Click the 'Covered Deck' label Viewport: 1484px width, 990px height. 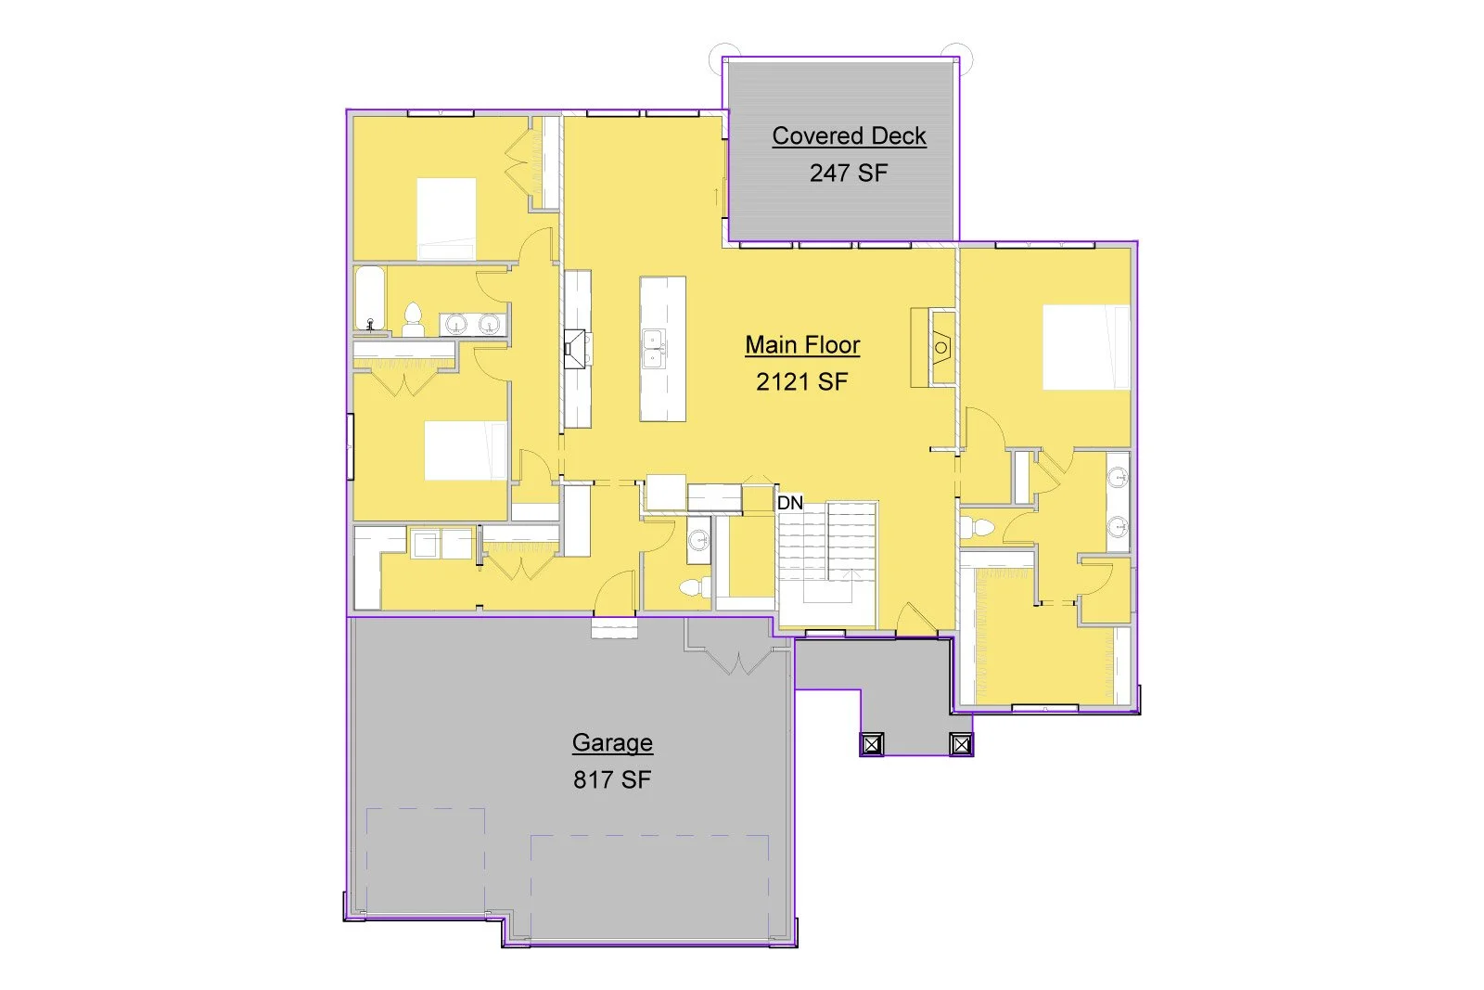[x=849, y=135]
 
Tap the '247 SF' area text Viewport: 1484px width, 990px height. [x=848, y=173]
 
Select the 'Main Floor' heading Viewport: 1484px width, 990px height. [x=802, y=344]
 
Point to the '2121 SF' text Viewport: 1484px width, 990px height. [x=801, y=381]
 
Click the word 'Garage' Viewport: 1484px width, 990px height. [x=612, y=743]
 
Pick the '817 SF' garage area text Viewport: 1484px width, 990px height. [x=612, y=779]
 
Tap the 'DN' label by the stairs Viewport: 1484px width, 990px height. [x=789, y=503]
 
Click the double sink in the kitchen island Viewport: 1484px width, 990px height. [x=655, y=349]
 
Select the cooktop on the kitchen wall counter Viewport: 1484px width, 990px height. [x=575, y=348]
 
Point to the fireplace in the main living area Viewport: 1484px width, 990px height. [x=940, y=347]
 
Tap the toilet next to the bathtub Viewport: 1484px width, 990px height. [x=414, y=320]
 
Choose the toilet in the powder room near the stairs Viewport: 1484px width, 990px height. [x=695, y=587]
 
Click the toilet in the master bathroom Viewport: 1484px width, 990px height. [x=977, y=527]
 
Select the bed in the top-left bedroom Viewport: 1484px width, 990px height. [x=446, y=219]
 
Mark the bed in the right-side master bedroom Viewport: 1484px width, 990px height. [x=1086, y=347]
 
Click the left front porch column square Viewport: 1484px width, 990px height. [x=872, y=744]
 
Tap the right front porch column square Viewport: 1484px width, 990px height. [x=961, y=744]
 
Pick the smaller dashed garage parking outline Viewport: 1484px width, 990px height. [x=426, y=862]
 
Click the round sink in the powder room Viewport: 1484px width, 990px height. [x=698, y=541]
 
